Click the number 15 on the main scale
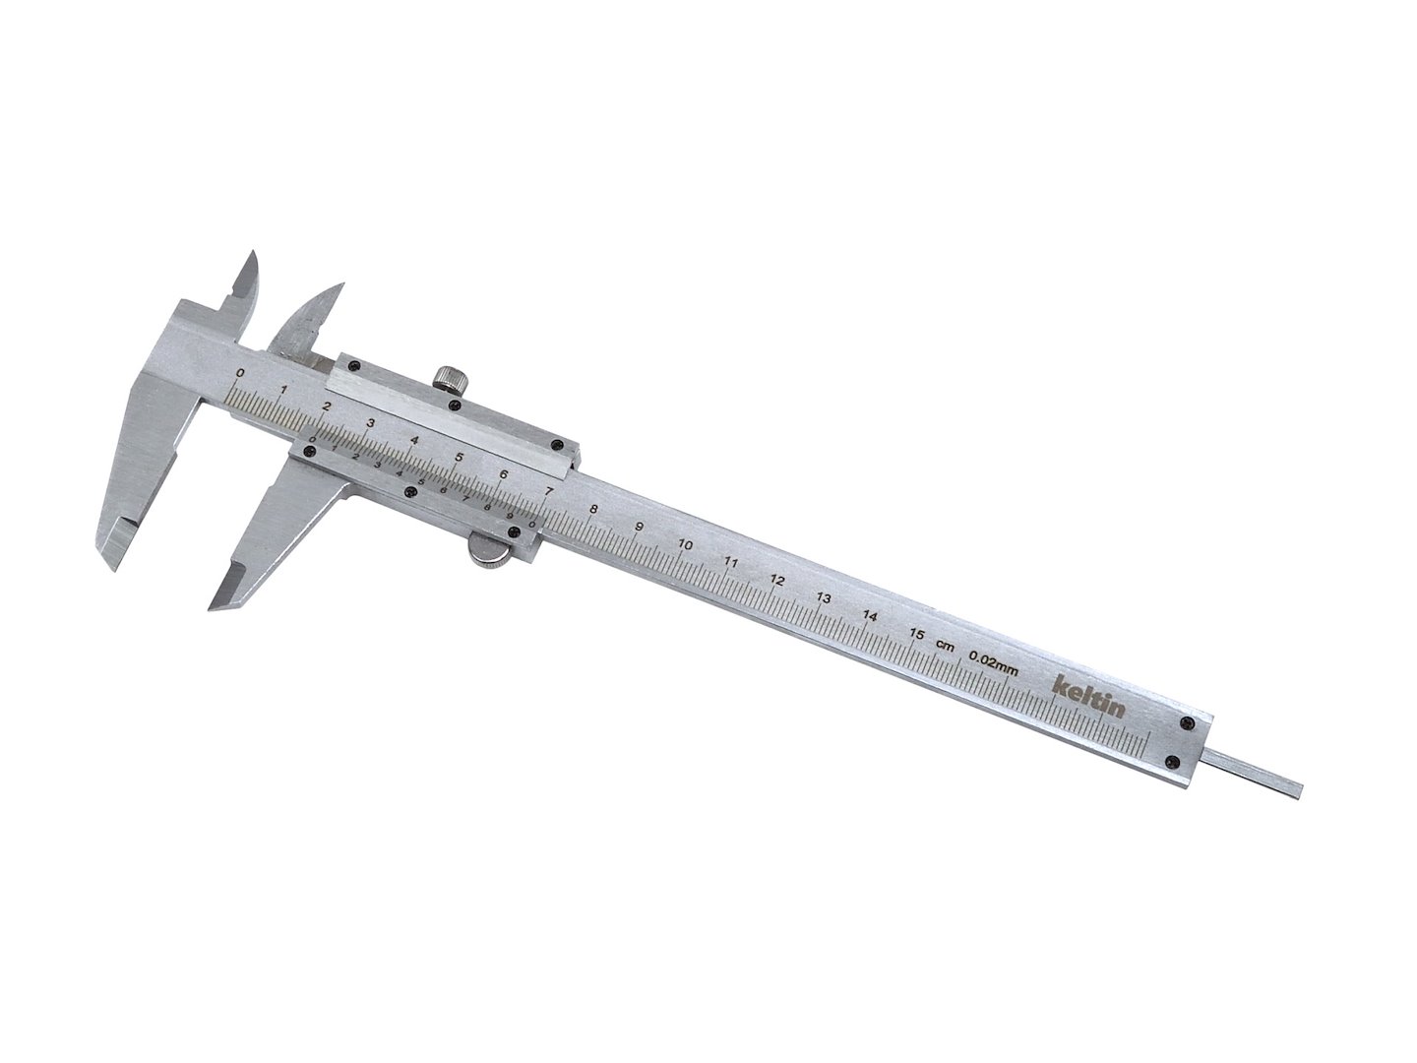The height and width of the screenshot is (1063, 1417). click(x=916, y=634)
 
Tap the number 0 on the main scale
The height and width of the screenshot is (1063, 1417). click(x=241, y=373)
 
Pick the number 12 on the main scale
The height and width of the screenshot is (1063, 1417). click(x=776, y=580)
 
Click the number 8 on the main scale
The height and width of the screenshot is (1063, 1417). click(x=592, y=509)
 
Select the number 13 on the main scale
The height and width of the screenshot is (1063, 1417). click(x=824, y=597)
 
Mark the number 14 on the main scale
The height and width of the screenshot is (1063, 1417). click(x=870, y=615)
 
